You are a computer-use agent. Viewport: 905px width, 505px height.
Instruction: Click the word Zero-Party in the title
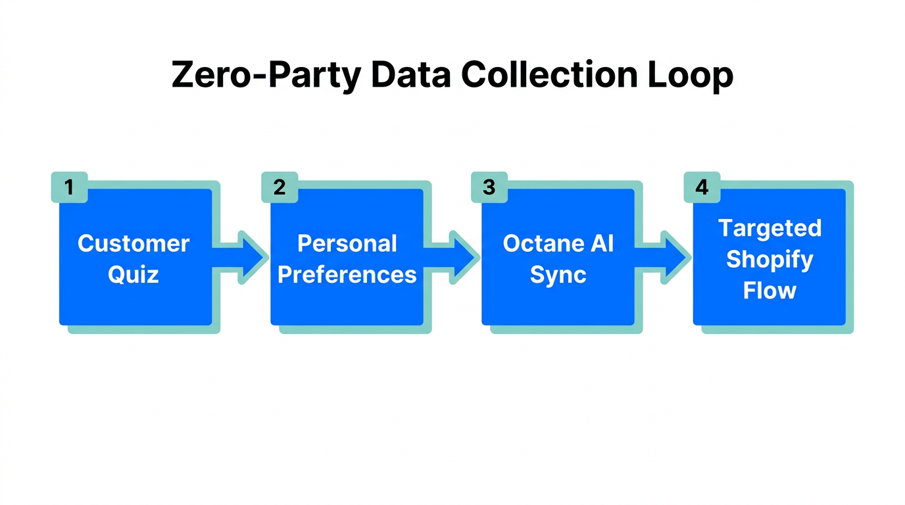[x=266, y=75]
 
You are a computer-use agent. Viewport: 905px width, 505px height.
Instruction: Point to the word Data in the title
[x=410, y=75]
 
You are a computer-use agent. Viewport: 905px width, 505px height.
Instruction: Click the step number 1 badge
[x=68, y=187]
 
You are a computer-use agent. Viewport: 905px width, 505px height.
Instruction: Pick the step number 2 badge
[x=280, y=187]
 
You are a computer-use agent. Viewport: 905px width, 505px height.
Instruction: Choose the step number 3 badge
[x=489, y=187]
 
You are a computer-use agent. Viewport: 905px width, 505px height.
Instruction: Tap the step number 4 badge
[x=702, y=187]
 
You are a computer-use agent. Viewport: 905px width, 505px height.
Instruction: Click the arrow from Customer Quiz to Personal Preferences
[x=243, y=257]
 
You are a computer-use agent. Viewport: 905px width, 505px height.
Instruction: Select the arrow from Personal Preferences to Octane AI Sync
[x=454, y=257]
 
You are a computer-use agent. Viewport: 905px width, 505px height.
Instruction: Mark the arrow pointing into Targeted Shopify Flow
[x=666, y=257]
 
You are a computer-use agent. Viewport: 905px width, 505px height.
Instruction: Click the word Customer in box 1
[x=134, y=243]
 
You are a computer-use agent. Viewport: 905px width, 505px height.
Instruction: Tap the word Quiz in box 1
[x=134, y=274]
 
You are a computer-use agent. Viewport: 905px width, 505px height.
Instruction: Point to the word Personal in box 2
[x=347, y=243]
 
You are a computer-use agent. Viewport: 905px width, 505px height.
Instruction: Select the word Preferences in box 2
[x=347, y=274]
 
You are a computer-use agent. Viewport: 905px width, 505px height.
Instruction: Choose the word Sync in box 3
[x=558, y=274]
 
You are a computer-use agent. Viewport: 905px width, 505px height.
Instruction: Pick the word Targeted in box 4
[x=770, y=228]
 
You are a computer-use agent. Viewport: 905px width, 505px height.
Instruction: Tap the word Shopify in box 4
[x=770, y=260]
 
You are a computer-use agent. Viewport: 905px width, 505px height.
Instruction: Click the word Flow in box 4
[x=770, y=290]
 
